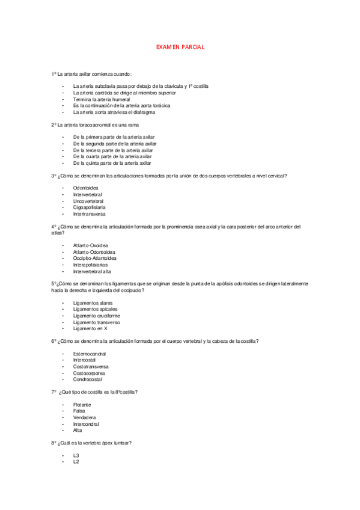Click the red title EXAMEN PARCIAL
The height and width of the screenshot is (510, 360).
[x=180, y=46]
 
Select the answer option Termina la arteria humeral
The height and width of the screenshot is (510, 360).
[x=102, y=99]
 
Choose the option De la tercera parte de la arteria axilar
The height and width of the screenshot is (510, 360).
[x=113, y=150]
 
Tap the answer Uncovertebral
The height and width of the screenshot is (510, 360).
[x=89, y=201]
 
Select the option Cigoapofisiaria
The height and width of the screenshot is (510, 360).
[x=90, y=207]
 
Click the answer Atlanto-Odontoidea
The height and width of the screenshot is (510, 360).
[x=94, y=252]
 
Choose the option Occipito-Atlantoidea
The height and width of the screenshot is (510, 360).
[x=94, y=258]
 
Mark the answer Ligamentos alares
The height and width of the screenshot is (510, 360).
[x=93, y=303]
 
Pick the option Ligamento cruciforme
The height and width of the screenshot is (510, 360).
[x=96, y=316]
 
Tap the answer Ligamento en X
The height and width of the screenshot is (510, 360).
[x=90, y=328]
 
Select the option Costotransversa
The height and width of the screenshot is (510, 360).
[x=91, y=367]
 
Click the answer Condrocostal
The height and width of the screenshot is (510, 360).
[x=88, y=379]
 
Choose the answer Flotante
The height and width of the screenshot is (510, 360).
[x=82, y=405]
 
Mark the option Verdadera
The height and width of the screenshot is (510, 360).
[x=85, y=417]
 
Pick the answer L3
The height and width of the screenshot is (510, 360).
[x=76, y=456]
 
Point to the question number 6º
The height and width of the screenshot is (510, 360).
[x=54, y=341]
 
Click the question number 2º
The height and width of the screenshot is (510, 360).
[x=54, y=124]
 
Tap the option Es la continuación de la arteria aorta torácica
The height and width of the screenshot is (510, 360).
[x=117, y=105]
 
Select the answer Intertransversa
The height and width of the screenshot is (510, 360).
[x=90, y=214]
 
